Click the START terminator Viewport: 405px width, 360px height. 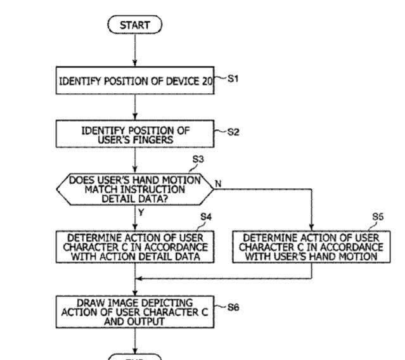click(x=135, y=25)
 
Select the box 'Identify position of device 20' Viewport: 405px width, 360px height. click(x=135, y=81)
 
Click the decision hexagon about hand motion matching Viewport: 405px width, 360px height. click(x=135, y=189)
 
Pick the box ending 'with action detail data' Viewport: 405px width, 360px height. click(x=135, y=247)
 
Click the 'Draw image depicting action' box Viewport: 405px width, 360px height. click(x=135, y=311)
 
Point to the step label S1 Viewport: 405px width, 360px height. click(x=233, y=79)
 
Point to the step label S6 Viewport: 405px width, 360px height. click(x=233, y=308)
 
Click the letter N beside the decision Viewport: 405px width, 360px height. click(x=218, y=184)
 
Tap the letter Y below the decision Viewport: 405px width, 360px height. click(x=141, y=213)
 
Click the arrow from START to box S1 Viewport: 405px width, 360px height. click(x=135, y=49)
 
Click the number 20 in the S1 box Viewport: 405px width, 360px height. click(x=207, y=82)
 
